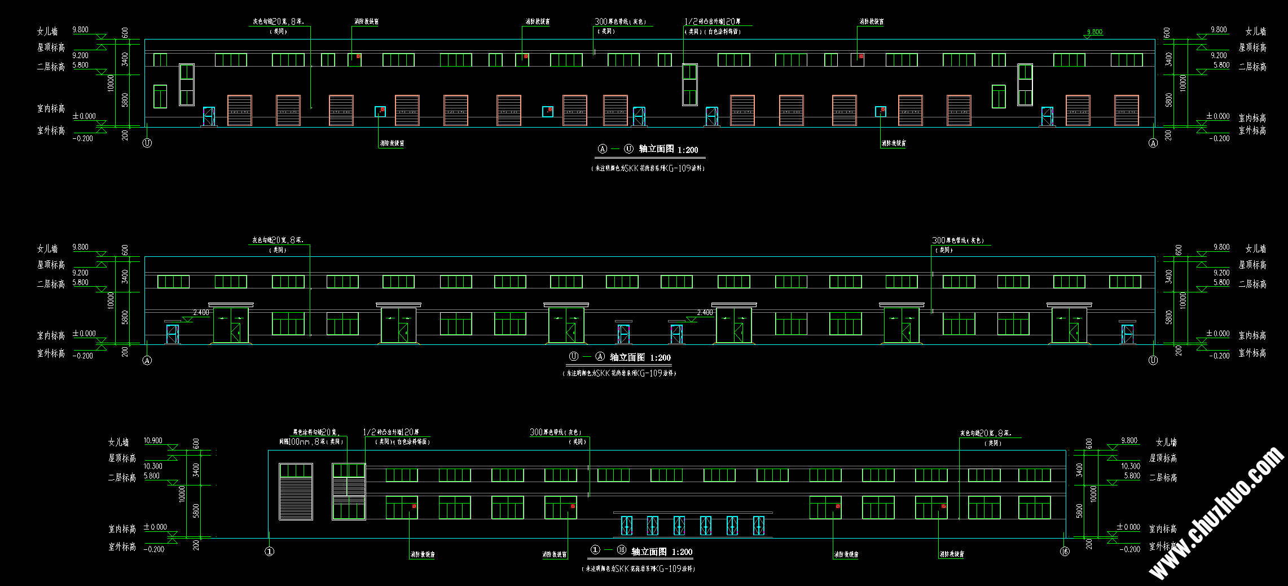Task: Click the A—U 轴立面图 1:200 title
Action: [649, 149]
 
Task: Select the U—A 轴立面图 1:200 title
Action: [619, 357]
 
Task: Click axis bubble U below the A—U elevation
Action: [147, 143]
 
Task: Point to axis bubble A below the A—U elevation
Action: [1153, 143]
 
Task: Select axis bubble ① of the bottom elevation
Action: [270, 552]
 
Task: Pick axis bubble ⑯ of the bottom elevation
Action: [1065, 552]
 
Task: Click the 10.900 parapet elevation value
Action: [153, 441]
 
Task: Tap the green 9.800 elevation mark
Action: [1094, 32]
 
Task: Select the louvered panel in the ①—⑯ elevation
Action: [296, 492]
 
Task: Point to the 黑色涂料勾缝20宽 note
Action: [314, 432]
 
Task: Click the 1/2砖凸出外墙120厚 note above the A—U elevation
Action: [713, 21]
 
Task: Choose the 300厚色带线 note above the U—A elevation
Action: [958, 240]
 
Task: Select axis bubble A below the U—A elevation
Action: [147, 360]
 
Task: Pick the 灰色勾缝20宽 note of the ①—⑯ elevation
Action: [986, 434]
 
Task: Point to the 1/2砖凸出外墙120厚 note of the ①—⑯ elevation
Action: [391, 432]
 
